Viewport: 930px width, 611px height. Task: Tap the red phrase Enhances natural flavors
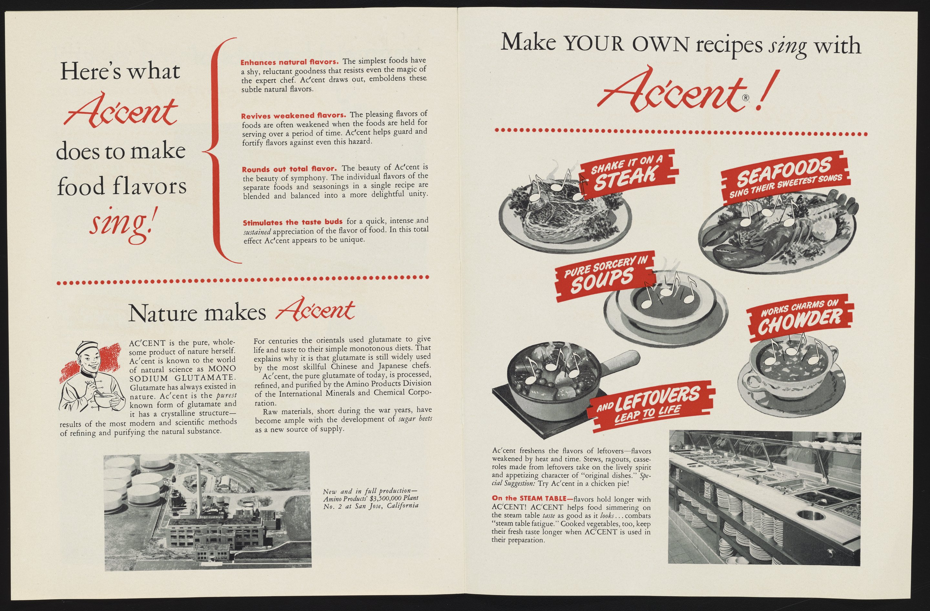coord(290,63)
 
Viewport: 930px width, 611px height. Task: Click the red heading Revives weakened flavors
coord(293,116)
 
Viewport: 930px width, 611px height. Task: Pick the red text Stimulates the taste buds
coord(293,223)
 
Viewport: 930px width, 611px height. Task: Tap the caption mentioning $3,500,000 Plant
coord(370,499)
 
